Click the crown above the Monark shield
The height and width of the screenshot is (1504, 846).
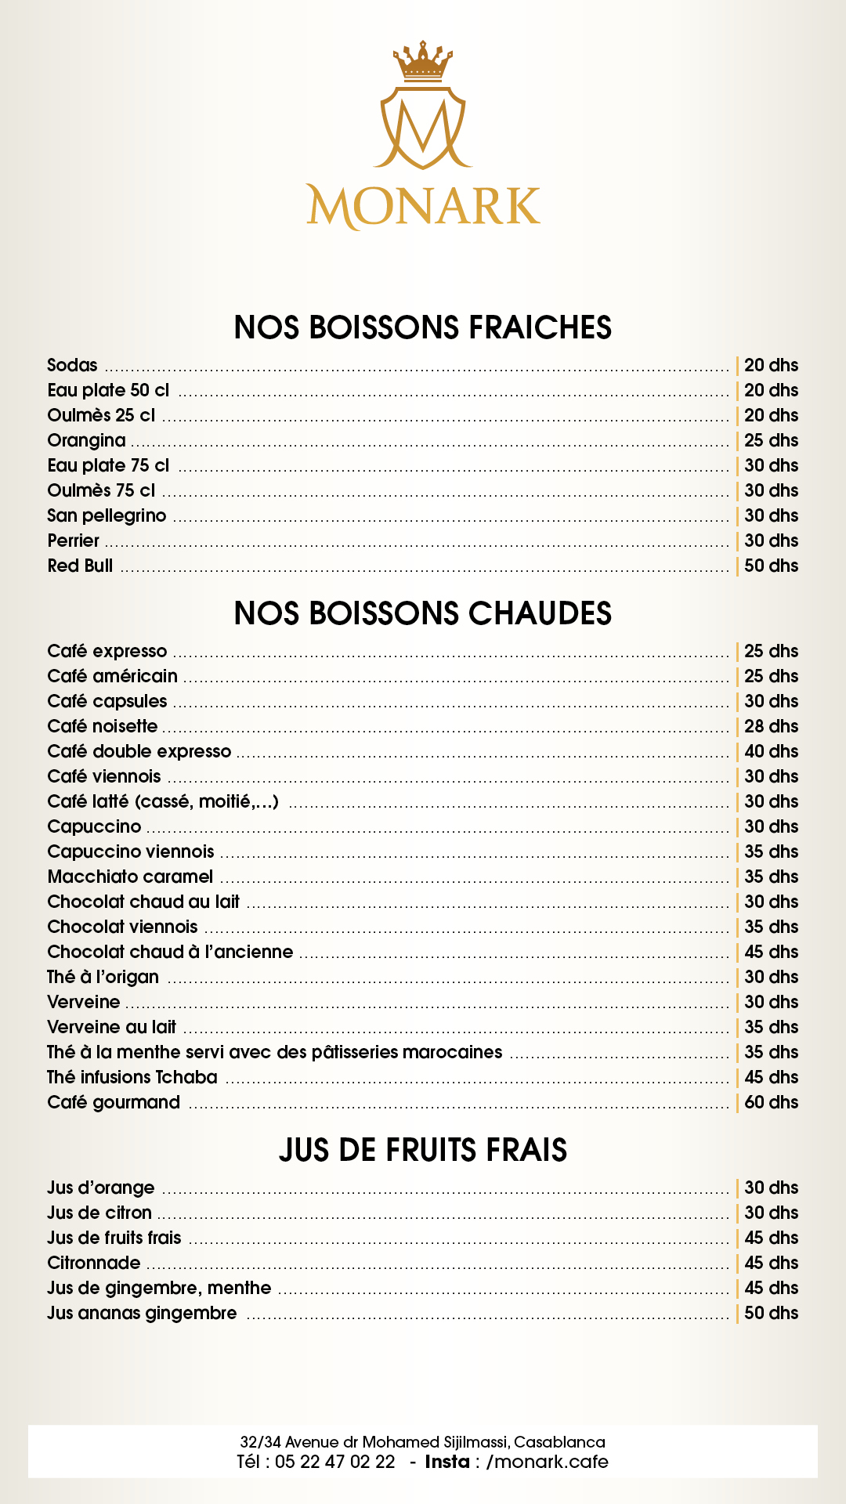(423, 62)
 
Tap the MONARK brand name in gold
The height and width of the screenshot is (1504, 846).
(423, 207)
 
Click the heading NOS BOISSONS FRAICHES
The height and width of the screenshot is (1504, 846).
(423, 327)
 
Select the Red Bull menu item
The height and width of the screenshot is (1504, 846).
(80, 566)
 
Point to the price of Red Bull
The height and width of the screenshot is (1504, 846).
(771, 566)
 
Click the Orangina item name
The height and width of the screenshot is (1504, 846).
(86, 440)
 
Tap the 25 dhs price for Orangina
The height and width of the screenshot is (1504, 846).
(771, 440)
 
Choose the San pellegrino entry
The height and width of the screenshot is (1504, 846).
(107, 515)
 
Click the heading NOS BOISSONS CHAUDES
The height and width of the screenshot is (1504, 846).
(423, 613)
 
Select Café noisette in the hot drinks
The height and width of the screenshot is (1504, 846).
(103, 726)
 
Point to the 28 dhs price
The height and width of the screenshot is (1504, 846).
(771, 726)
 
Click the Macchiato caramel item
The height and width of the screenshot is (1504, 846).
(130, 877)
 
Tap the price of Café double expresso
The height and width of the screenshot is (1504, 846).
(771, 751)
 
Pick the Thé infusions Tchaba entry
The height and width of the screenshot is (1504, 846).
(132, 1077)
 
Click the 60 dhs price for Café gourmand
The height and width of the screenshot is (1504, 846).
(771, 1102)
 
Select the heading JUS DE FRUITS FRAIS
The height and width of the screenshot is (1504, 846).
(423, 1150)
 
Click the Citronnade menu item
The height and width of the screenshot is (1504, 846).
(94, 1263)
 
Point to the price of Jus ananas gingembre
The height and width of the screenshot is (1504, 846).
(771, 1313)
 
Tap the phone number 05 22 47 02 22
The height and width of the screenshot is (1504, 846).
(335, 1462)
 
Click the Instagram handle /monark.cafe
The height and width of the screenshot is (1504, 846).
(548, 1462)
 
